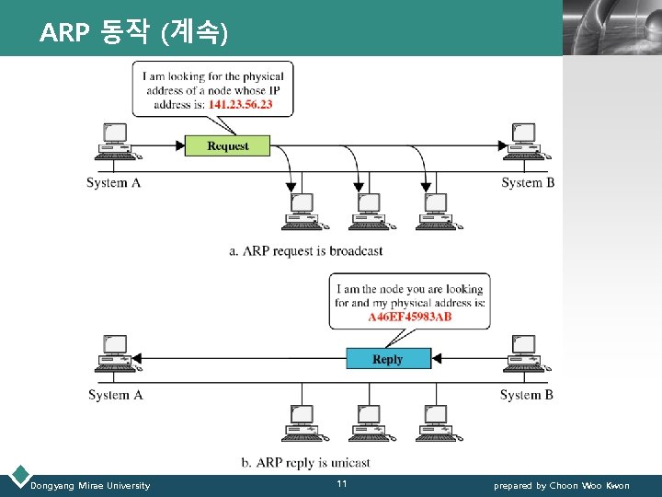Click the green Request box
click(228, 145)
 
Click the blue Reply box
click(388, 359)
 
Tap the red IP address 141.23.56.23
click(240, 105)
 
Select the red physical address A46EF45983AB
click(410, 317)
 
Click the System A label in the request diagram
click(113, 182)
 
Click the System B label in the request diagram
click(528, 182)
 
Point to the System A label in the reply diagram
click(115, 395)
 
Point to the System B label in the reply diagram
click(527, 395)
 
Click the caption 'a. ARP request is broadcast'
click(306, 250)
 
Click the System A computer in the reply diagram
click(115, 353)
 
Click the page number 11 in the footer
click(341, 484)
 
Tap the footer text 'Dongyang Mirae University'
click(90, 485)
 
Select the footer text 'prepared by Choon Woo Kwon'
click(562, 485)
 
